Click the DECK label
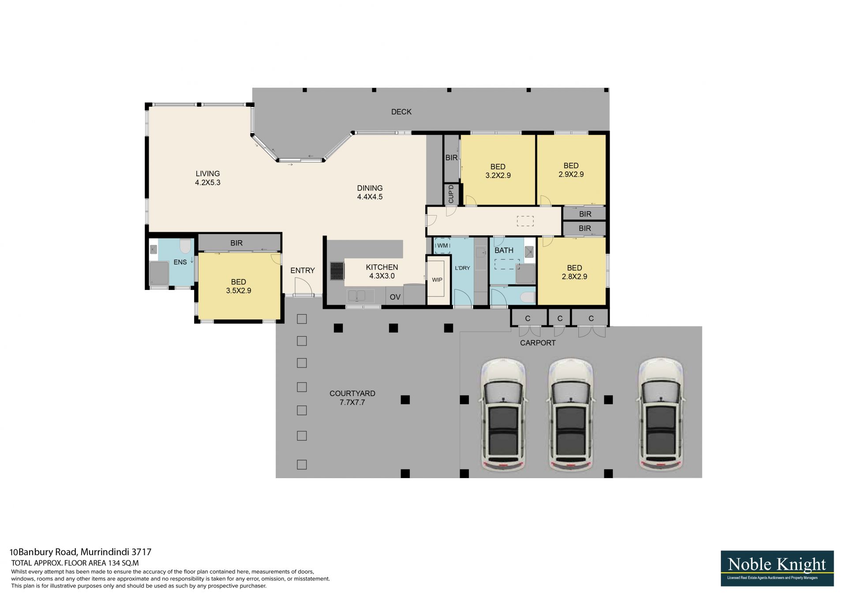coord(401,112)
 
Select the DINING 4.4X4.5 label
coord(370,193)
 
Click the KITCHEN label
coord(382,267)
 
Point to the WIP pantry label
coord(437,280)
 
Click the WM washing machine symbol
coord(442,245)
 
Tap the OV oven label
coord(395,297)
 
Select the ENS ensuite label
coord(180,262)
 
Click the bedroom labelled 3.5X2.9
coord(238,286)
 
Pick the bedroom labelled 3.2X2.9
coord(498,171)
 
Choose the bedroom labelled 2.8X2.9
coord(574,272)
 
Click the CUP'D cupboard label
coord(451,194)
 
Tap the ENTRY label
coord(303,271)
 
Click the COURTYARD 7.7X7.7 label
coord(352,398)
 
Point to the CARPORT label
coord(538,343)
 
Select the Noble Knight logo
coord(777,568)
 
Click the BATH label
coord(504,250)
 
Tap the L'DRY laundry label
coord(462,268)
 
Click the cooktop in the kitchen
coord(337,271)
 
